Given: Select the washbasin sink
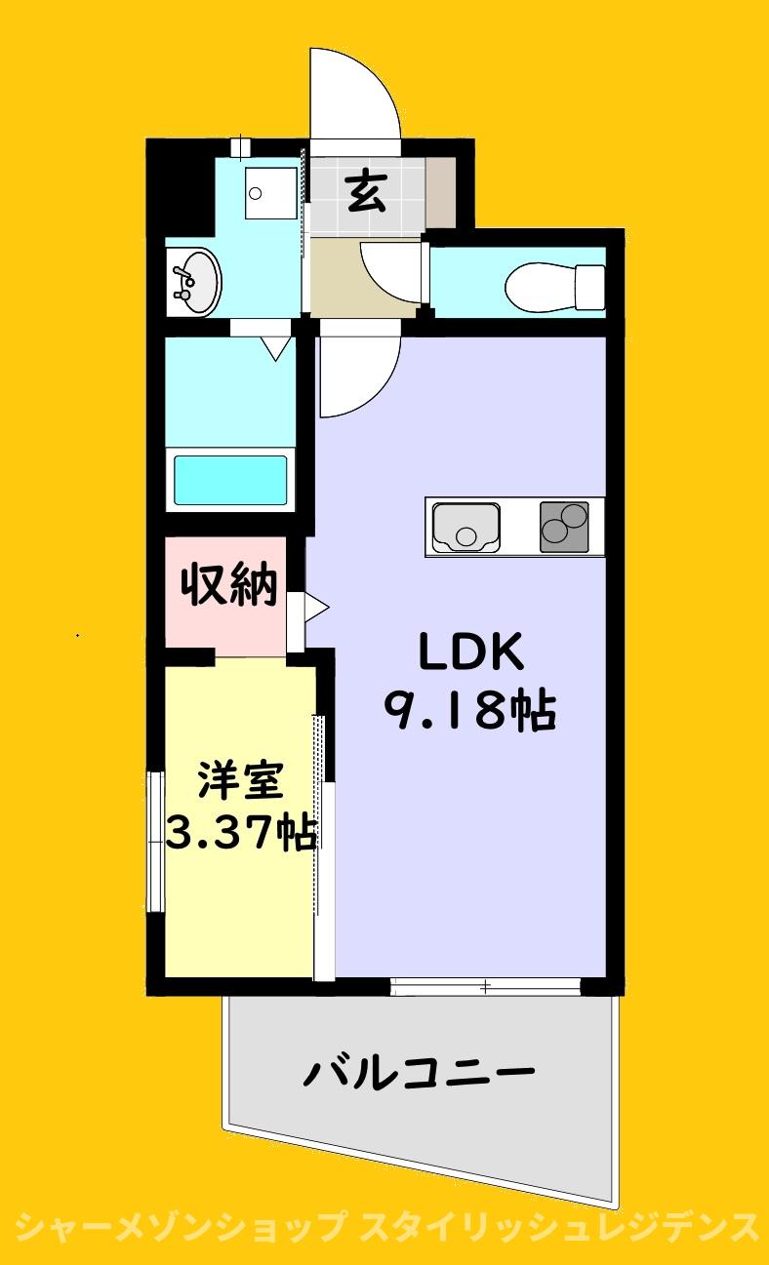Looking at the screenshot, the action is (194, 281).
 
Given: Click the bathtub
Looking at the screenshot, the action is (230, 480).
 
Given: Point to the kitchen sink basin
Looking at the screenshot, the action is (466, 527).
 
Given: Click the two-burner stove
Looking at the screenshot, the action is (564, 527).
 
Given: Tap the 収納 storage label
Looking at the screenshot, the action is (229, 584).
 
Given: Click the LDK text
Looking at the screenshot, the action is (470, 652).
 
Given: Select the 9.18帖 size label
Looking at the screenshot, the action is (470, 710).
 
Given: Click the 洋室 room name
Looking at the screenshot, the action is (240, 780).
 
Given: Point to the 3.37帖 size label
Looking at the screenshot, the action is (241, 832).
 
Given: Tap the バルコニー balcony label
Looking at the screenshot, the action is (419, 1071).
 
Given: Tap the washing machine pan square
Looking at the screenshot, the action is (270, 192).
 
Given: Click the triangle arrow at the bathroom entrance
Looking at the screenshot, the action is (276, 348).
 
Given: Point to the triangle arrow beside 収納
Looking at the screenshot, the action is (316, 609).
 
